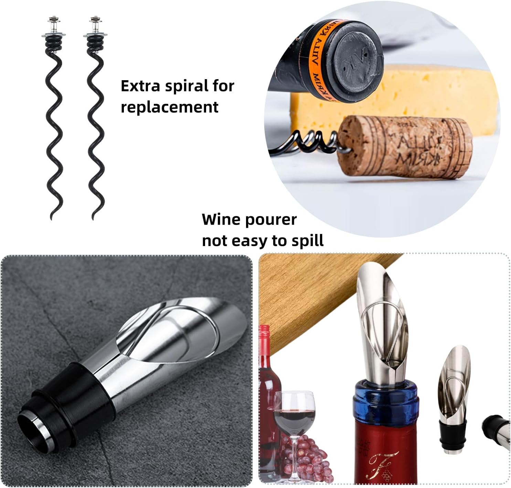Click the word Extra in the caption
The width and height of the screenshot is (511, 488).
coord(140,86)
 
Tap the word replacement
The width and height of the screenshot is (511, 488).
coord(169,107)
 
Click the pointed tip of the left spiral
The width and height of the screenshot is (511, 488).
coord(52,218)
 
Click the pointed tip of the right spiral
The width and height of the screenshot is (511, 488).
coord(93,218)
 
